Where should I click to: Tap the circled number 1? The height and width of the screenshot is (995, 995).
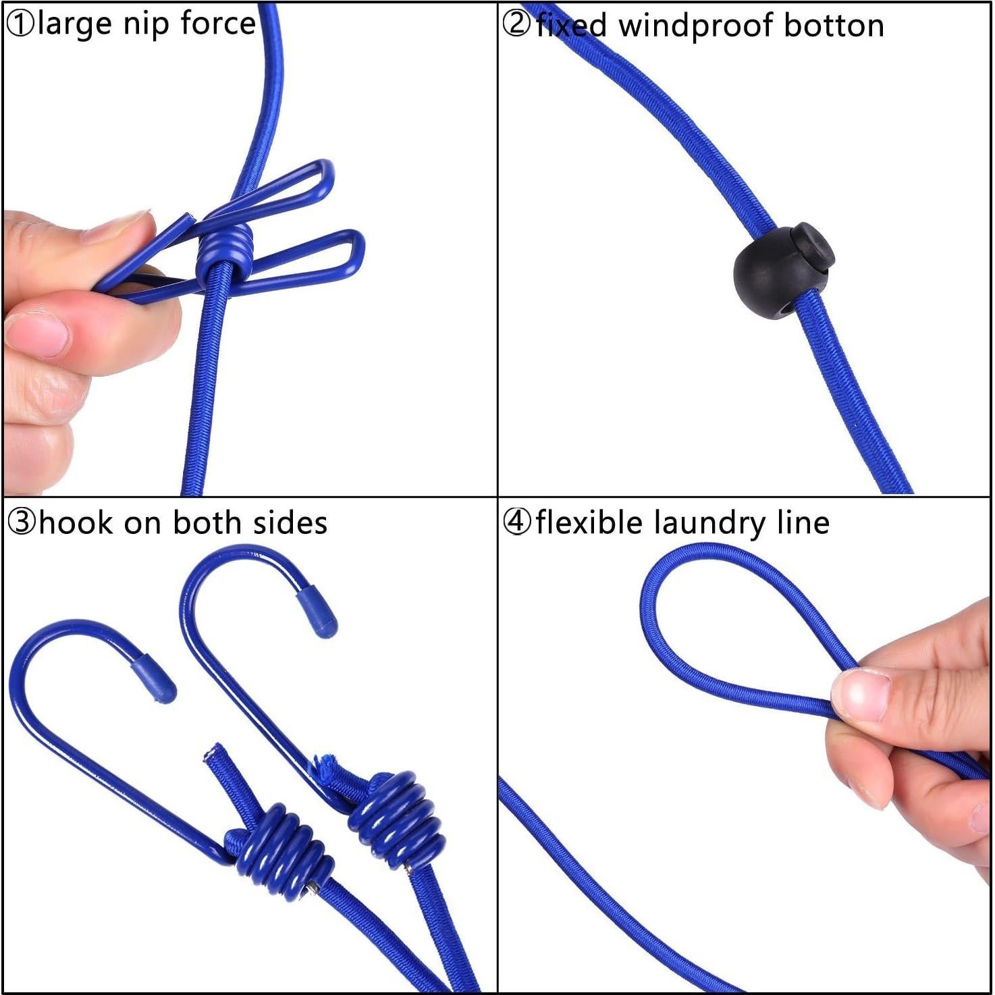point(20,24)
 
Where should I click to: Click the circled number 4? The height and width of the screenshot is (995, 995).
point(517,523)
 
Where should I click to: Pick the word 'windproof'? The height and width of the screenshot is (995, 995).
point(695,26)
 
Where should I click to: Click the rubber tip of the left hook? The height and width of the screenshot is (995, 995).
point(153,678)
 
